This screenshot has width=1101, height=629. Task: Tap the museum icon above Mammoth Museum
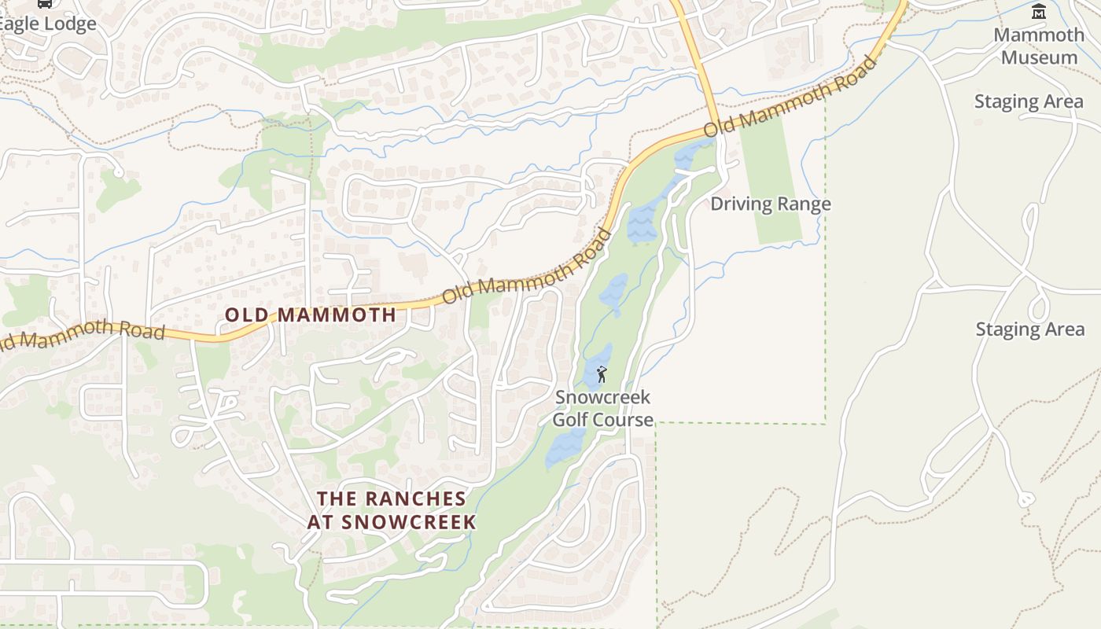[1039, 11]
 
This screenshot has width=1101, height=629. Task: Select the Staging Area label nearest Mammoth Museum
[1029, 101]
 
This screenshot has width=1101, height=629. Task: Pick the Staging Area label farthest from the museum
[1029, 329]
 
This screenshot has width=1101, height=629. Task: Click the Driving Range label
[770, 204]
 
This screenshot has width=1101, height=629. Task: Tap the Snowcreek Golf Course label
[602, 408]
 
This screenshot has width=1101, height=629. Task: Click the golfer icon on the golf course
[602, 374]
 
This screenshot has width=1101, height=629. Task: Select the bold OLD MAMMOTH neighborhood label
[310, 315]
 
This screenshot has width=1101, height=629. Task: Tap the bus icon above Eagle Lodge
[45, 3]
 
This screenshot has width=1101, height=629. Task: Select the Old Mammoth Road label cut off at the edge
[82, 333]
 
